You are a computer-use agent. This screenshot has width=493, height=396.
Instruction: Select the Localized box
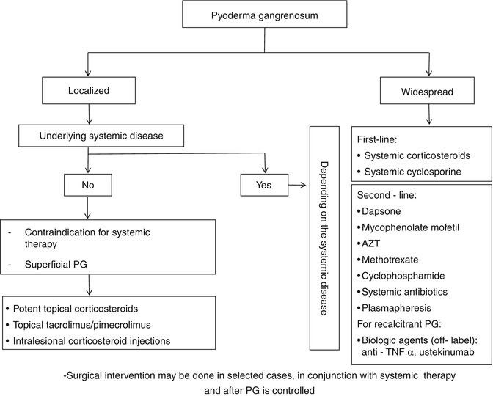[90, 92]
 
